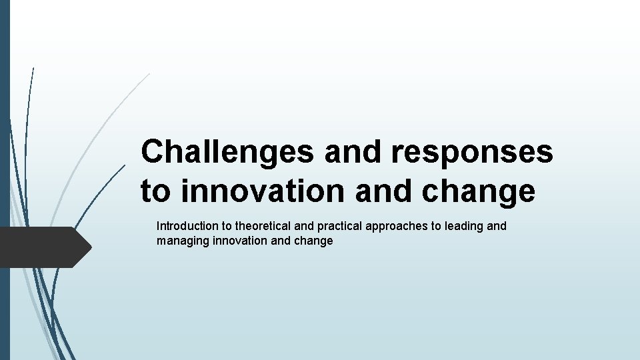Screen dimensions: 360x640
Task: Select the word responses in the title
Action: click(x=472, y=152)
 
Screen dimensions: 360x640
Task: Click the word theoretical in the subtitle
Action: click(x=261, y=226)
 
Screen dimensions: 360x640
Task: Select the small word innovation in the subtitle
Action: click(x=241, y=241)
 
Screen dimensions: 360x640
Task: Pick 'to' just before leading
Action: click(x=436, y=226)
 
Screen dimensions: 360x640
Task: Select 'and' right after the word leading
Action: click(x=497, y=226)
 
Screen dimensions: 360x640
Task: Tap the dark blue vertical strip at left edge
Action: click(x=5, y=180)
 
